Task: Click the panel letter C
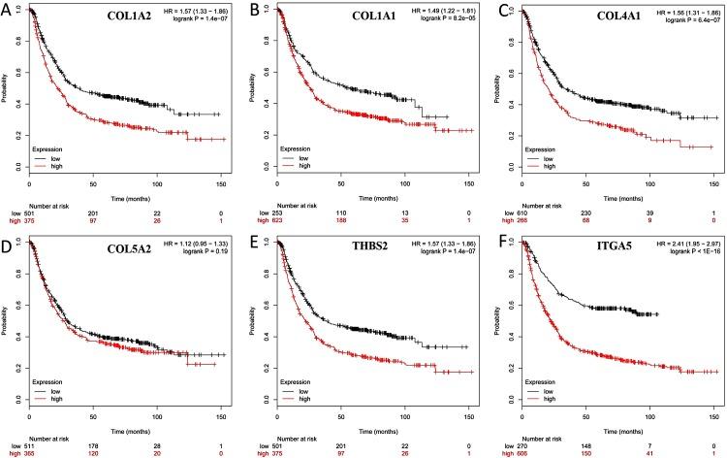click(496, 9)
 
